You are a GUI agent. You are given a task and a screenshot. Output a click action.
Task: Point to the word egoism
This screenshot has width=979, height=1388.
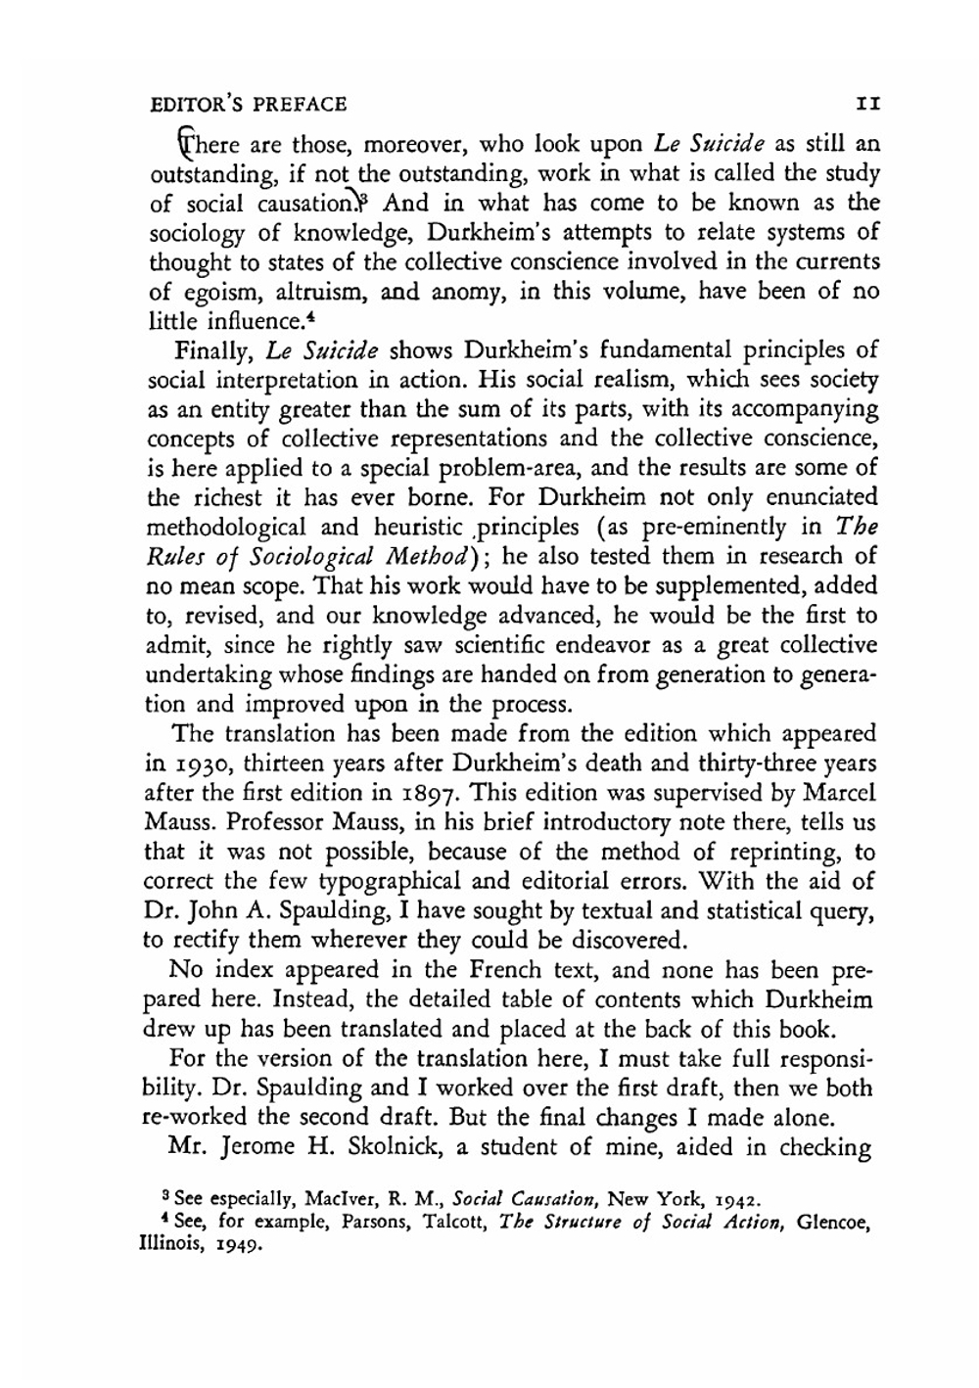pyautogui.click(x=211, y=291)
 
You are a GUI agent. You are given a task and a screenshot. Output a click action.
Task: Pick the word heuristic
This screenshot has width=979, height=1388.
pyautogui.click(x=419, y=527)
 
